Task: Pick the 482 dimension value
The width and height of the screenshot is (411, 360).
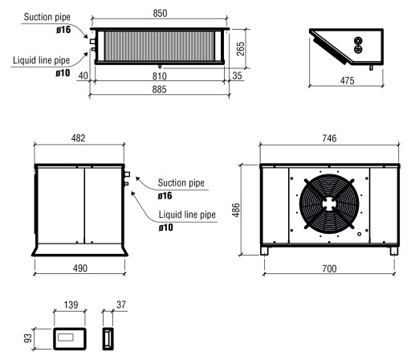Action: tap(79, 139)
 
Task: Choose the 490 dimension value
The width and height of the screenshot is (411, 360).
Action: tap(79, 267)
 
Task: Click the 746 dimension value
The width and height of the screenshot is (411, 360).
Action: tap(329, 139)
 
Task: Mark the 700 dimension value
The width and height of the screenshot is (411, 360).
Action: tap(329, 267)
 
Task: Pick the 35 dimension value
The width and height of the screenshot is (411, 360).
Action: tap(235, 77)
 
